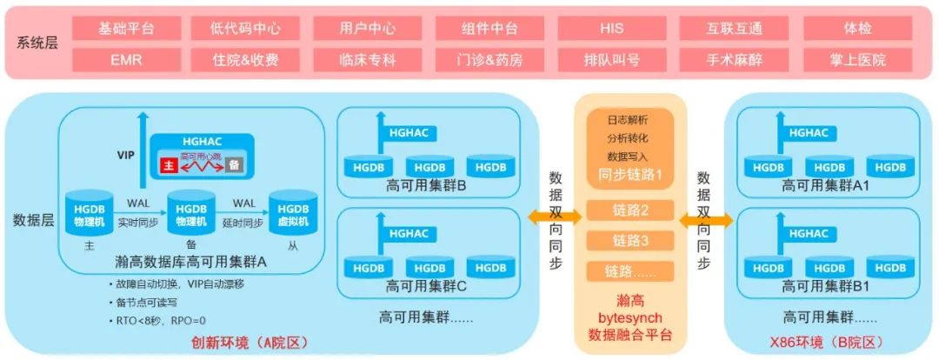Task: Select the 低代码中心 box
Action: coord(246,29)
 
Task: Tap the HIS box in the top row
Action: coord(611,29)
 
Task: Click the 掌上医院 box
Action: coord(857,60)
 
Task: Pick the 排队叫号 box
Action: coord(611,60)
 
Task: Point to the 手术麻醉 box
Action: coord(735,60)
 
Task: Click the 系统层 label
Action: coord(37,43)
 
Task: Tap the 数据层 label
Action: coord(33,221)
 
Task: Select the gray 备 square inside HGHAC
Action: coord(233,164)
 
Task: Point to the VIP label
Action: coord(126,155)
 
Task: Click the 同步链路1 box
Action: coord(630,174)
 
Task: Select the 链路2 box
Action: coord(631,210)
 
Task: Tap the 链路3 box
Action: coord(631,240)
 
